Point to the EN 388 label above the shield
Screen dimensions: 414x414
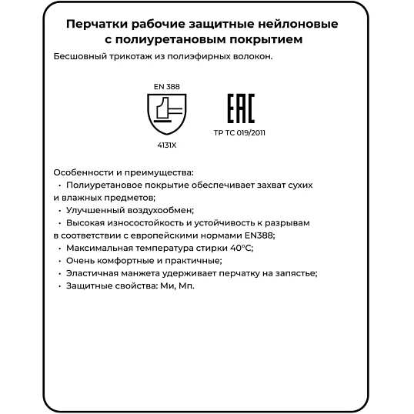(168, 86)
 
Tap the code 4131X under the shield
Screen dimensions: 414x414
(167, 144)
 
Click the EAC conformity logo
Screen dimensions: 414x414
(239, 109)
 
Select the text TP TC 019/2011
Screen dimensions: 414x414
(239, 132)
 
